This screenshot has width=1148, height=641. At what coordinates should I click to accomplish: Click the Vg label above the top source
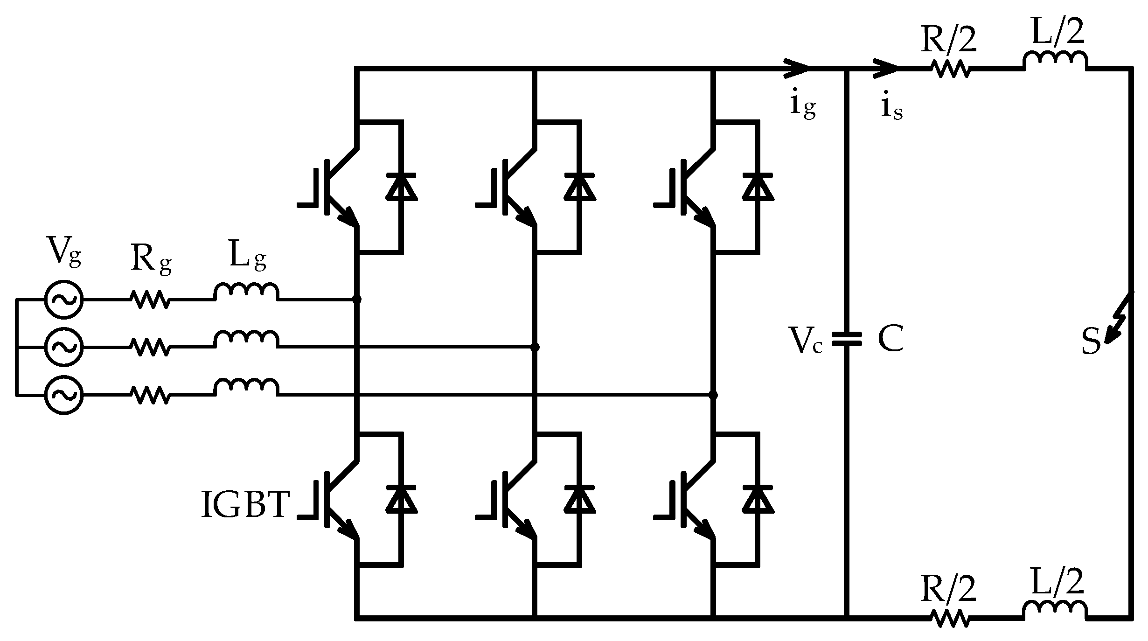(64, 252)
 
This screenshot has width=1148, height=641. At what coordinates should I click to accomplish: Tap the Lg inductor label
(247, 255)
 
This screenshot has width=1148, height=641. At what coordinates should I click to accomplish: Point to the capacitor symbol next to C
(847, 340)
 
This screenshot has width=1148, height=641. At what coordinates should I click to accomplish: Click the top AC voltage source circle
(64, 300)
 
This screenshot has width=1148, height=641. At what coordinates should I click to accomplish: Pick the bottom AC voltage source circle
(64, 395)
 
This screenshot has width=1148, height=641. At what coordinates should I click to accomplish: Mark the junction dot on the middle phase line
(535, 347)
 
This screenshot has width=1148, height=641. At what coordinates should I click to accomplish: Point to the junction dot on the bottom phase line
(713, 395)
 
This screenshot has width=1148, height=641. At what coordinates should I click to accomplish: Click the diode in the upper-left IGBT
(401, 187)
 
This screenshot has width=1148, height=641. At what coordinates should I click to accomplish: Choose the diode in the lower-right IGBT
(758, 499)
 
